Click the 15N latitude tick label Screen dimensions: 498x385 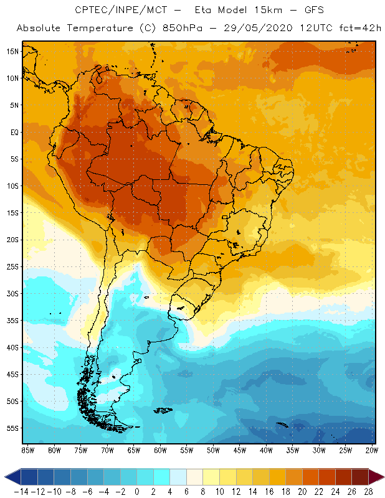12,51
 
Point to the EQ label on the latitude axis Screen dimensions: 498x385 14,132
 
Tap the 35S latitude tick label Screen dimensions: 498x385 12,321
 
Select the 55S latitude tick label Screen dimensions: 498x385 12,428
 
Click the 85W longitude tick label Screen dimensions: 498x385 27,449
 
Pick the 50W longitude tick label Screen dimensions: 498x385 214,449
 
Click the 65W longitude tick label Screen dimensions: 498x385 134,449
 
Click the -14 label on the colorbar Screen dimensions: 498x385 21,492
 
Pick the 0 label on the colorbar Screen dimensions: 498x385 136,492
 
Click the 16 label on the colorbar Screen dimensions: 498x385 269,492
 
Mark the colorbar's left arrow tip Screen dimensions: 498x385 6,477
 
